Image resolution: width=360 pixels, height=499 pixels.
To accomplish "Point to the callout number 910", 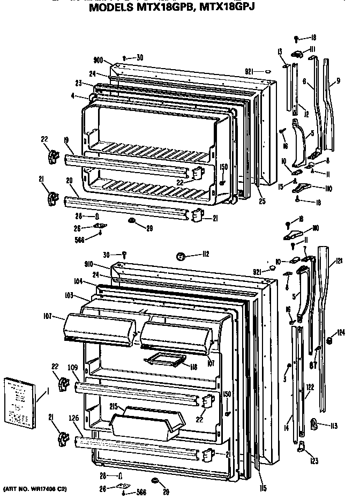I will [x=98, y=264].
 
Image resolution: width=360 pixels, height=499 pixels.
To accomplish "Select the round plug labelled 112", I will [x=181, y=256].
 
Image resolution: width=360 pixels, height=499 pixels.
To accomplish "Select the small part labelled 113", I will [x=316, y=426].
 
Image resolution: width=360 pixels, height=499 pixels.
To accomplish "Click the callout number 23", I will [x=78, y=83].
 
